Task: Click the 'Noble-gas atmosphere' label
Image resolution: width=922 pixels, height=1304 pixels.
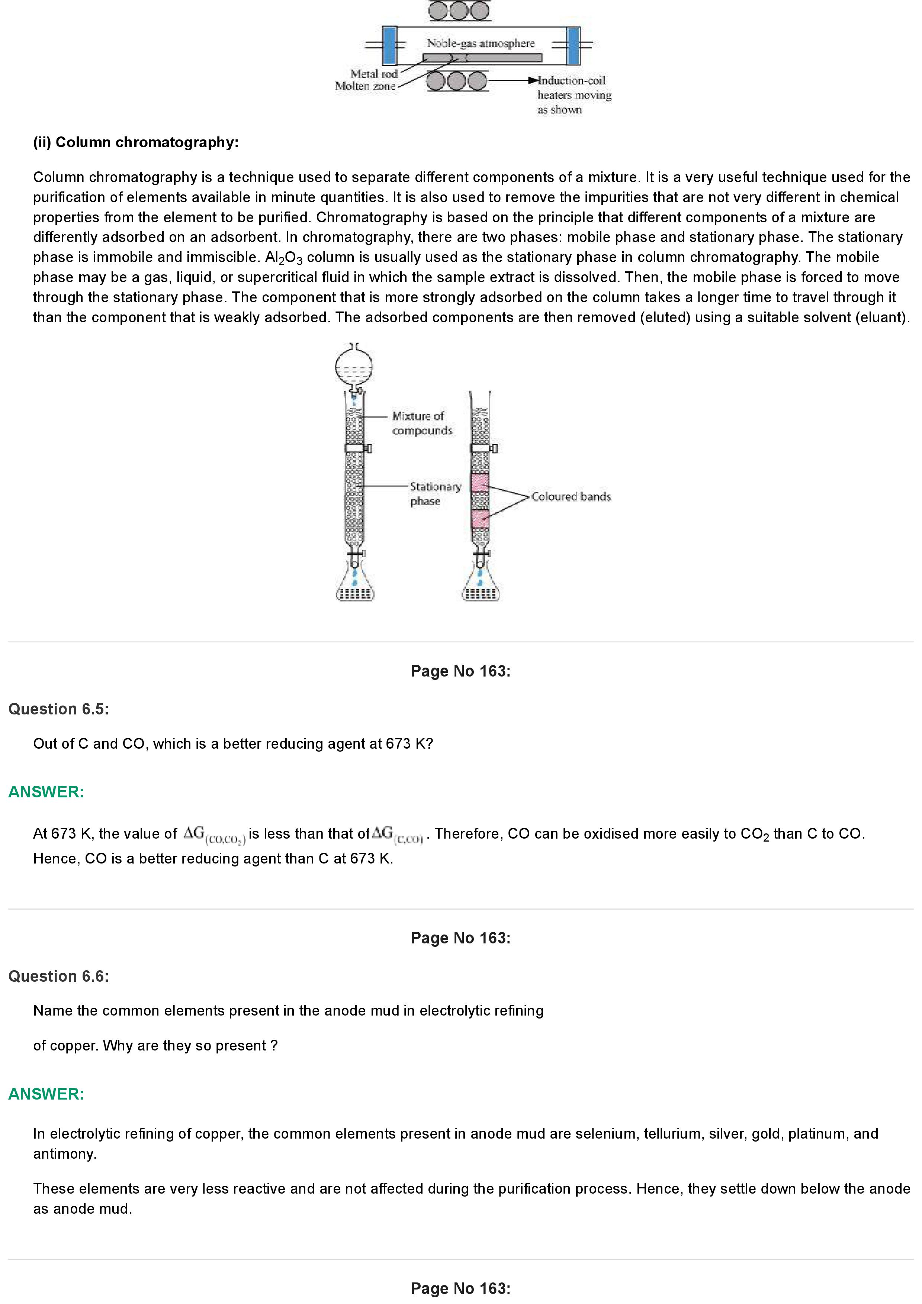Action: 481,43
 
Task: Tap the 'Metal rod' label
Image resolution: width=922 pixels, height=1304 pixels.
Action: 374,74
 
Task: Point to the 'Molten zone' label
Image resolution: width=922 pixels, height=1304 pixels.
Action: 365,86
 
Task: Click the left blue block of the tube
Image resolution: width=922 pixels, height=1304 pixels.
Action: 390,45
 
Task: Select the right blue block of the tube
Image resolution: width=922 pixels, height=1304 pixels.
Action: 573,45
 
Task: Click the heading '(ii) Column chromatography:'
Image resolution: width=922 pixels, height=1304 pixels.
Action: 136,142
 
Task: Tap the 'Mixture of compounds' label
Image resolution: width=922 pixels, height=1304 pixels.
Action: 421,423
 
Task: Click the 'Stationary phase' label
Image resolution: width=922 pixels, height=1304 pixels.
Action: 435,494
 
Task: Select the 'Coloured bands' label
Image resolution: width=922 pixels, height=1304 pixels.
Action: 571,497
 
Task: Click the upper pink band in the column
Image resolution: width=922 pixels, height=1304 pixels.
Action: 480,483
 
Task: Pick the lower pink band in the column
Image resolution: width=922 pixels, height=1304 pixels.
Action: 480,519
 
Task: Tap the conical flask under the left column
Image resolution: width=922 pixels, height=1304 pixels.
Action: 355,589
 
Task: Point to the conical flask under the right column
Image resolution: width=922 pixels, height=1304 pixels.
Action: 481,589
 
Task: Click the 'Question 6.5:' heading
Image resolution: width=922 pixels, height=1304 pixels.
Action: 58,709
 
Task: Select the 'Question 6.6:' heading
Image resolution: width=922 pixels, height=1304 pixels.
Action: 58,976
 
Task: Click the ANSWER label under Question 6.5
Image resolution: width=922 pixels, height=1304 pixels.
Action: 46,792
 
